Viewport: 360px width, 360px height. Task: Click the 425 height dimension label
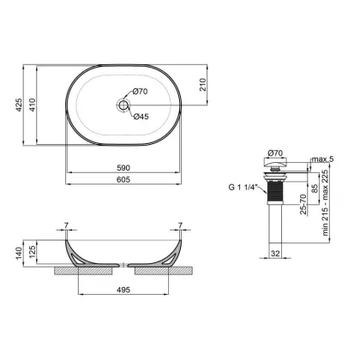tap(19, 105)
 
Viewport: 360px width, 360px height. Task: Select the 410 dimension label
tap(33, 105)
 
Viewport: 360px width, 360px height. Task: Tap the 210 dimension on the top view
tap(202, 85)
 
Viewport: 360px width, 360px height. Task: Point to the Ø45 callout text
tap(141, 117)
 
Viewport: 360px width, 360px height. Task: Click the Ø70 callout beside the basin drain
tap(141, 92)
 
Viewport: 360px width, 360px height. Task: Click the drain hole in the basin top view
tap(123, 105)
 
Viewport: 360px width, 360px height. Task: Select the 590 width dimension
tap(123, 168)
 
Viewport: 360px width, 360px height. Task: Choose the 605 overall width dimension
tap(123, 179)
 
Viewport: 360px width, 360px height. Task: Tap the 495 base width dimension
tap(123, 290)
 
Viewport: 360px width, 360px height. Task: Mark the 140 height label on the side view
tap(19, 254)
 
